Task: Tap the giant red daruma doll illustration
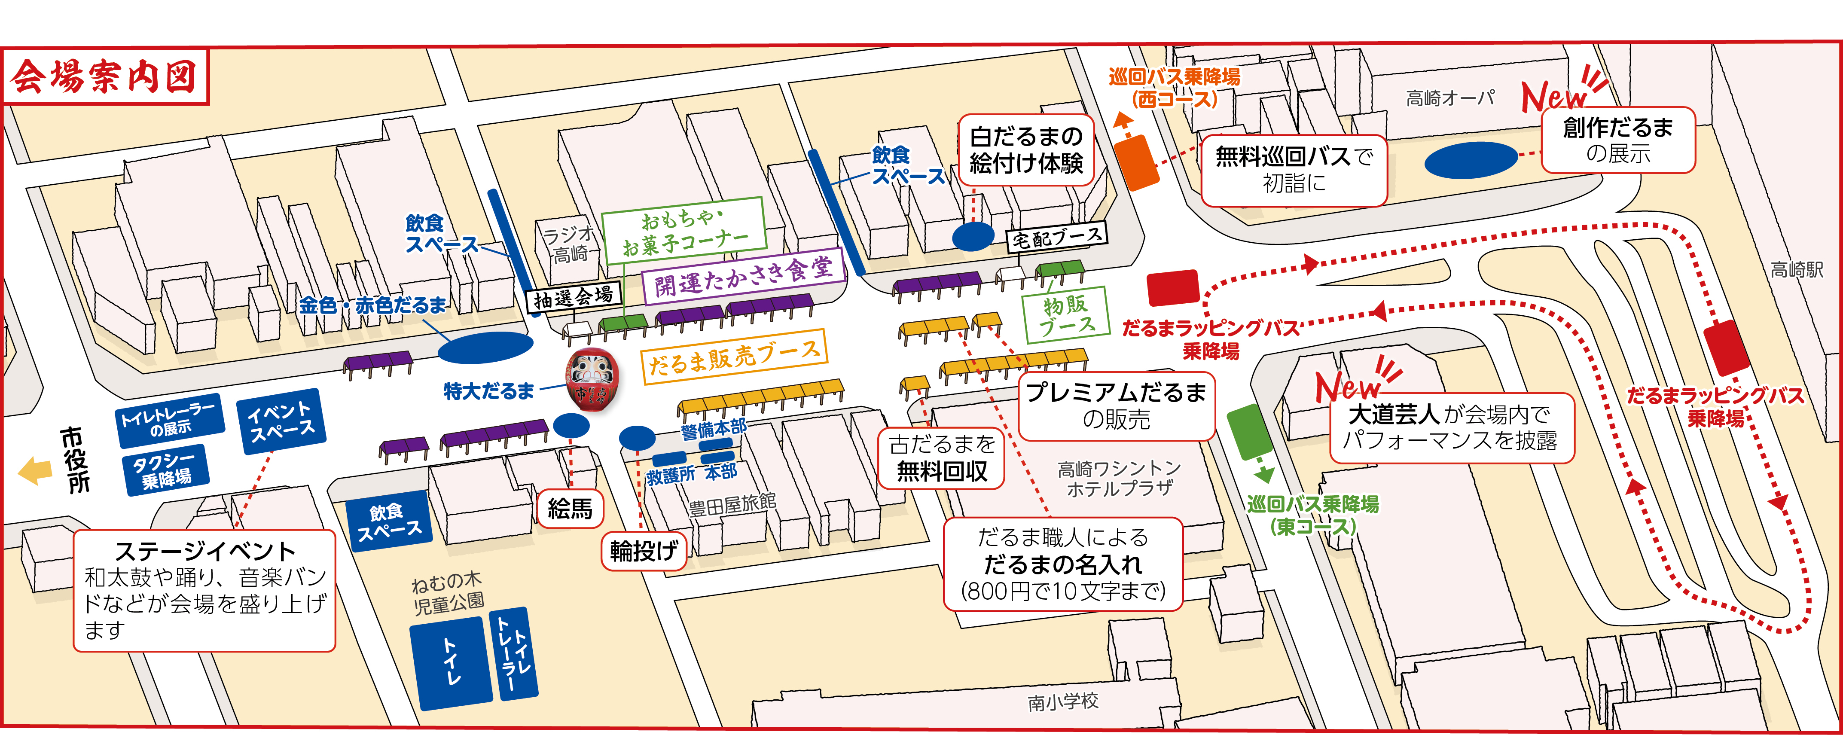coord(591,380)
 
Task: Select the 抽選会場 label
coord(573,297)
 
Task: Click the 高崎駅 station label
coord(1797,270)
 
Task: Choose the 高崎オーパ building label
coord(1450,98)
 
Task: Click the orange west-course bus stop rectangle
coord(1135,163)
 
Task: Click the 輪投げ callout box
coord(643,550)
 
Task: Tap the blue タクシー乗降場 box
coord(166,470)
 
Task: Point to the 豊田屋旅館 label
coord(732,505)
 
